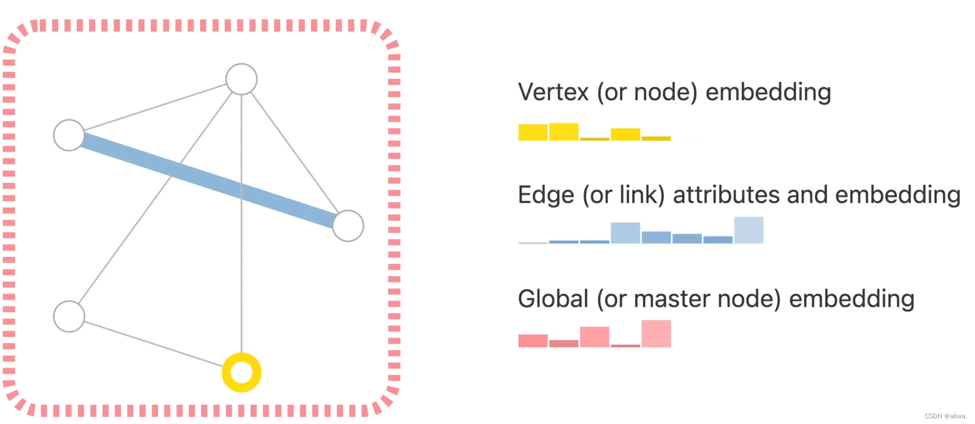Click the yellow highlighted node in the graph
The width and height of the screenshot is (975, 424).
pos(241,372)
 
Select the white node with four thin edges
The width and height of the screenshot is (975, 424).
pos(241,79)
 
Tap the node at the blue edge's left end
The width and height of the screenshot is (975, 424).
pos(69,135)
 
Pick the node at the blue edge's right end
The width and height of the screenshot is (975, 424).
pos(348,226)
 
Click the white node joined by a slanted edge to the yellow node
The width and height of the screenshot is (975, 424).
pos(69,316)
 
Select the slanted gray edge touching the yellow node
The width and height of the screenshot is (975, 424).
pos(153,344)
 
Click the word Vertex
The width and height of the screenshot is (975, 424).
pos(553,92)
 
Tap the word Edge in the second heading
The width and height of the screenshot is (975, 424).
pos(538,196)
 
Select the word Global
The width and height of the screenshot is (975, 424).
pos(553,299)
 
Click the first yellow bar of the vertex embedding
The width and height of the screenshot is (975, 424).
pos(533,132)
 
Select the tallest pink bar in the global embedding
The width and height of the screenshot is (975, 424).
pos(656,334)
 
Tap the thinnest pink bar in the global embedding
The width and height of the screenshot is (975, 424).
pos(625,345)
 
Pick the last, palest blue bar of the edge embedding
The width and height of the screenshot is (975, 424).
pos(749,230)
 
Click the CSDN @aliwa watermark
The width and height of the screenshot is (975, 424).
pos(945,416)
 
